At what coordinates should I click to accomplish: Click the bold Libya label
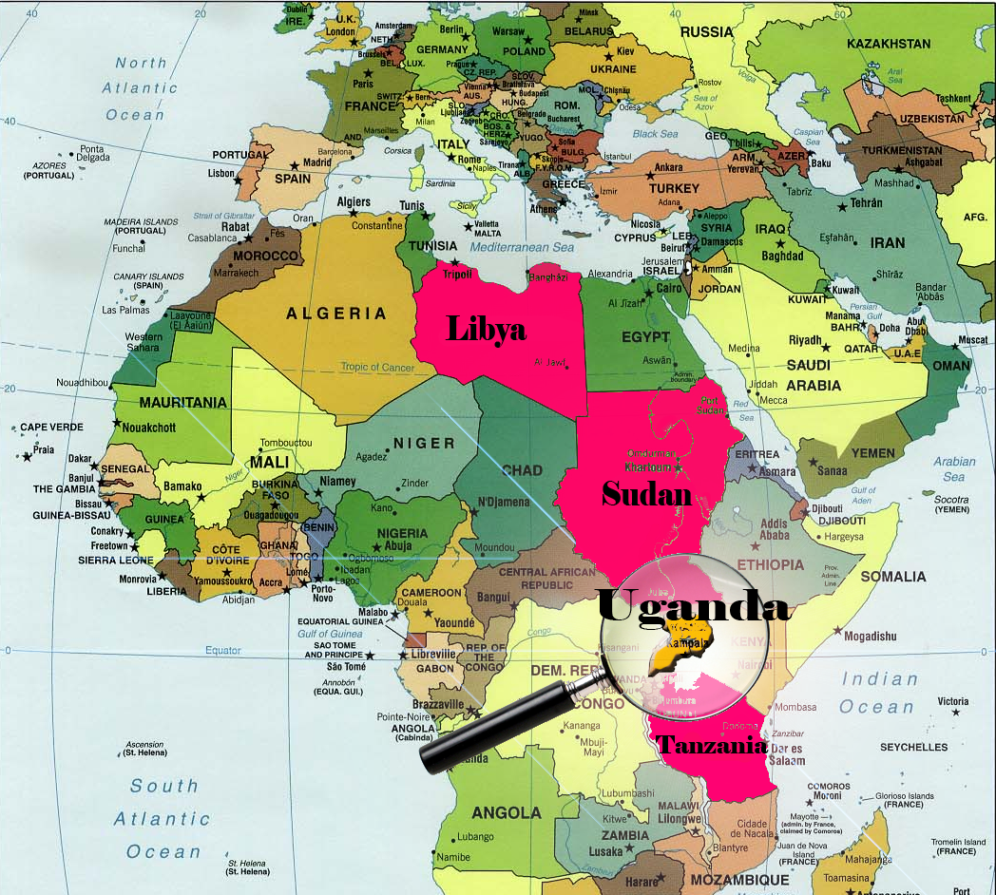tap(486, 329)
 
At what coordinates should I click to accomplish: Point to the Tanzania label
tap(712, 744)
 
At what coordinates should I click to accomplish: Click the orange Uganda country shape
tap(680, 646)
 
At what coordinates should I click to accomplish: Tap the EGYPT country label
tap(645, 337)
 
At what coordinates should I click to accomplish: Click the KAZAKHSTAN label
tap(888, 44)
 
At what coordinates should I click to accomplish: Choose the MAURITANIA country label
tap(182, 403)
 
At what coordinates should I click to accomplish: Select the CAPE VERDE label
tap(51, 428)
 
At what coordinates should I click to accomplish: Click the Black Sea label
tap(655, 134)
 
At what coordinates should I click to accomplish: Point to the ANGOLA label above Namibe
tap(506, 812)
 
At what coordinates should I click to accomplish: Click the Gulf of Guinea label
tap(329, 634)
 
